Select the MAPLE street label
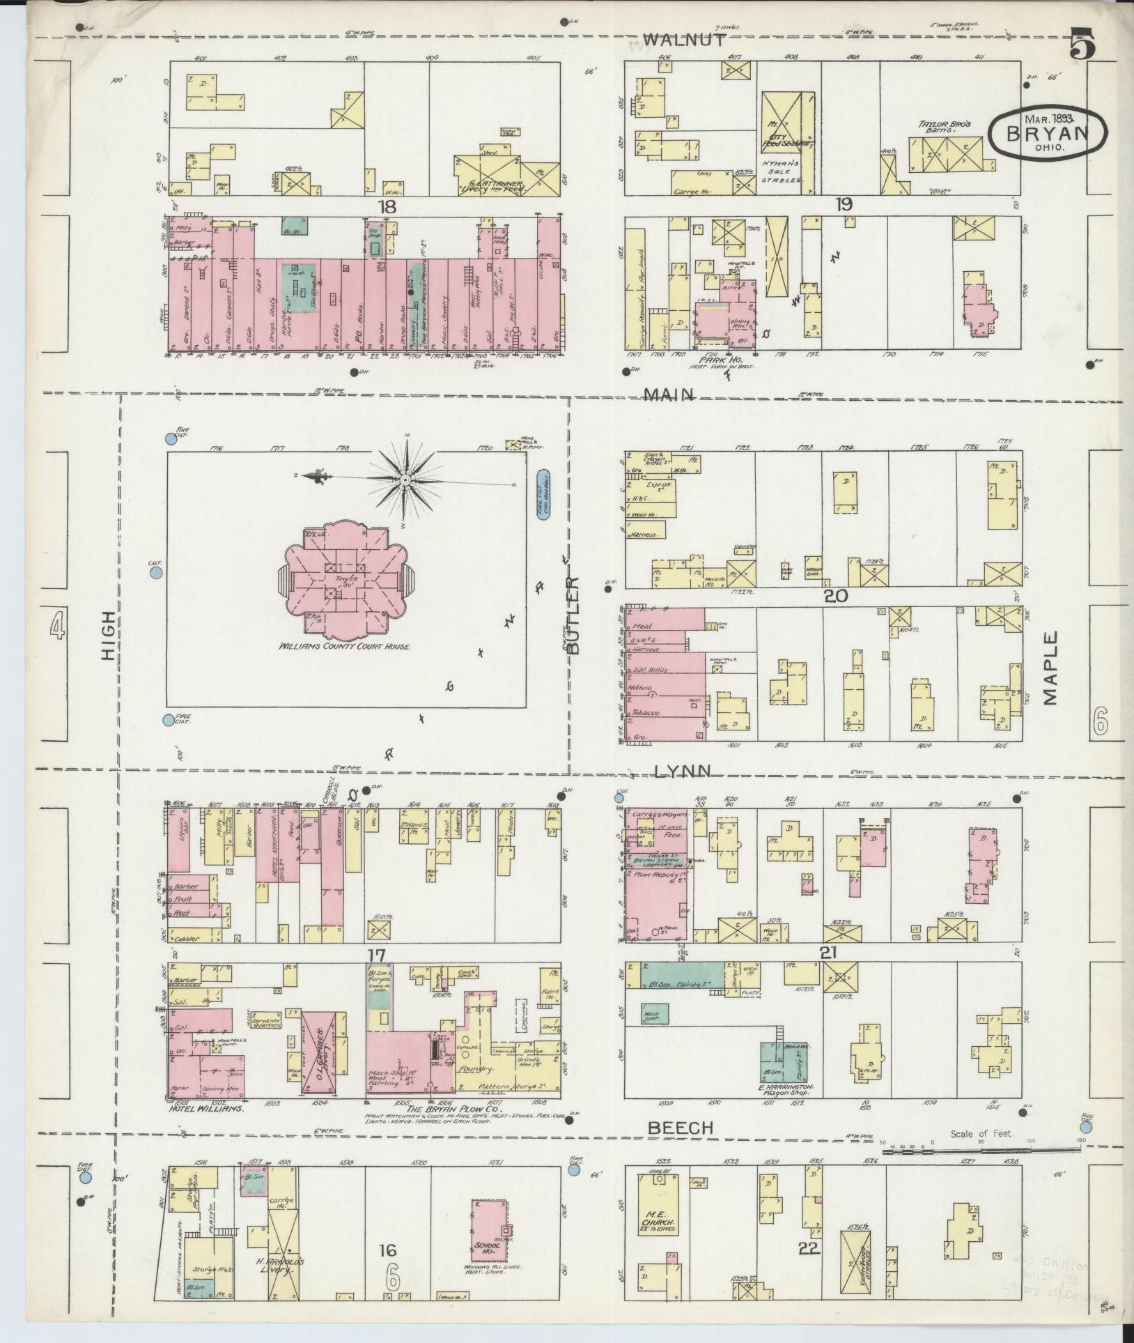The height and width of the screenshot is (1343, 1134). point(1051,668)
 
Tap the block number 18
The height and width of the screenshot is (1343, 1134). point(387,206)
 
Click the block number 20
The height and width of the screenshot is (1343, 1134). point(834,596)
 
